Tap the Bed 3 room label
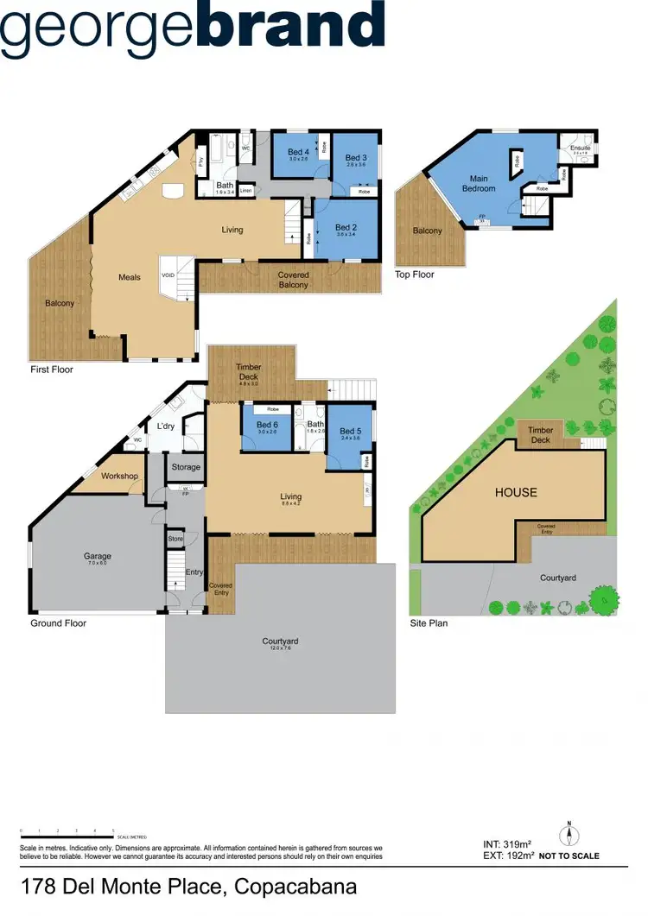click(356, 158)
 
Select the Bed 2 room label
click(346, 227)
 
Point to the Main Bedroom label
click(479, 184)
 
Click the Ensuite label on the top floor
click(580, 148)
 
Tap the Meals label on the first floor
click(130, 278)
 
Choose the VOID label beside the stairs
click(168, 276)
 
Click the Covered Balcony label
click(293, 281)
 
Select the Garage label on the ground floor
click(98, 557)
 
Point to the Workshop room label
click(119, 477)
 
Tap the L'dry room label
click(166, 426)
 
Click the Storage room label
click(186, 467)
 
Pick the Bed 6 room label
click(269, 425)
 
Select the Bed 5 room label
click(350, 432)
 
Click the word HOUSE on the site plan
click(516, 493)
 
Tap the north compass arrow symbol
click(569, 836)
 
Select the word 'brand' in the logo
click(291, 26)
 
